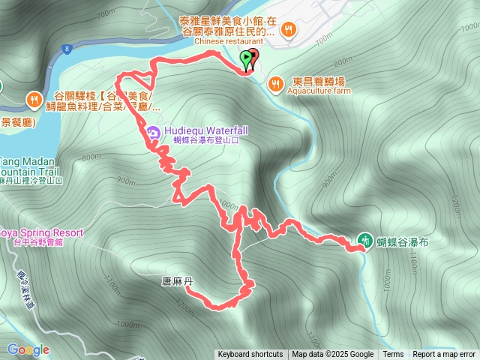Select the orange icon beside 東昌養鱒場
click(276, 82)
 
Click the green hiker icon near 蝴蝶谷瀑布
click(364, 240)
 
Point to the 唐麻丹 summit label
click(178, 282)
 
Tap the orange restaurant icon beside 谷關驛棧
click(34, 98)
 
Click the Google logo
click(28, 349)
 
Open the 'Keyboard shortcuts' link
click(250, 355)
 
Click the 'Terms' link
click(393, 355)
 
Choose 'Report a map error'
click(444, 355)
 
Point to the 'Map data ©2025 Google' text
click(333, 355)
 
